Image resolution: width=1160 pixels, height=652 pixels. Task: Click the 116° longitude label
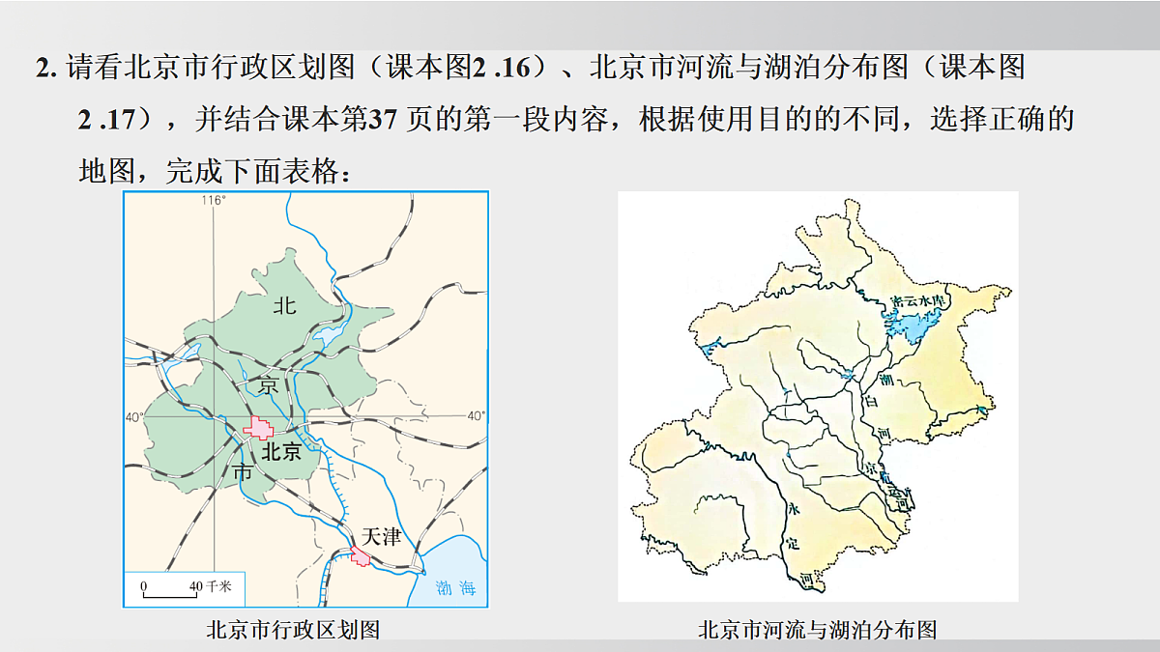(x=213, y=200)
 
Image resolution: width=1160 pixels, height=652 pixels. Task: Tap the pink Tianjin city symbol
(x=361, y=555)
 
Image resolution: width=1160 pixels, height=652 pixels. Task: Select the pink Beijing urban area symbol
(x=259, y=427)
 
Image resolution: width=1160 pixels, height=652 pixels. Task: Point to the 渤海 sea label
(x=456, y=588)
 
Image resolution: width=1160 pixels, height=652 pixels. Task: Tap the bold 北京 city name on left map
(x=281, y=451)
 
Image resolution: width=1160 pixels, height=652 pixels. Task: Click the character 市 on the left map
(x=244, y=472)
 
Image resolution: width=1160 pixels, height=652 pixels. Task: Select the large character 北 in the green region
(x=284, y=307)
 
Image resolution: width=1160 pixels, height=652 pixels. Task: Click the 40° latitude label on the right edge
(x=475, y=416)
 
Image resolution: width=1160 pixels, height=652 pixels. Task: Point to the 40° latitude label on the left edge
(x=133, y=416)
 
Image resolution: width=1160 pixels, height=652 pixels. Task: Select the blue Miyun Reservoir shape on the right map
(x=913, y=324)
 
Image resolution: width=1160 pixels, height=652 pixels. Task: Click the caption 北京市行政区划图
(x=293, y=630)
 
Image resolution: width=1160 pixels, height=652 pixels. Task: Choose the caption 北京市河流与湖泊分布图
(x=817, y=630)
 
